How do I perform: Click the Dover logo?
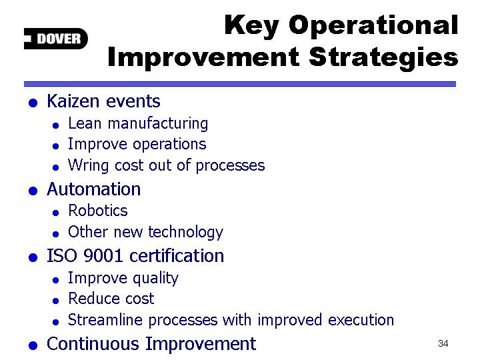[56, 39]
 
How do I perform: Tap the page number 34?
[443, 343]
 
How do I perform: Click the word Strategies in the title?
[383, 57]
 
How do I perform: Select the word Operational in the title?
[373, 25]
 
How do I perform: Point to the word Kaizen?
[73, 101]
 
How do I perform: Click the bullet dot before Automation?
[33, 191]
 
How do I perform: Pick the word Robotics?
[97, 211]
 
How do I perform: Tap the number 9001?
[103, 255]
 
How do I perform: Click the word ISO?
[61, 255]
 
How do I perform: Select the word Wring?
[88, 166]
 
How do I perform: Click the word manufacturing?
[158, 124]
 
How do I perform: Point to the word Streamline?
[105, 320]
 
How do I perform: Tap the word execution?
[361, 320]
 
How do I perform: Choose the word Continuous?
[93, 344]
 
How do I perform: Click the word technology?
[186, 233]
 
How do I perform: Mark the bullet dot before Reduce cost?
[55, 301]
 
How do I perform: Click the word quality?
[155, 279]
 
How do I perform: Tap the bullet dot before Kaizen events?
[33, 103]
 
